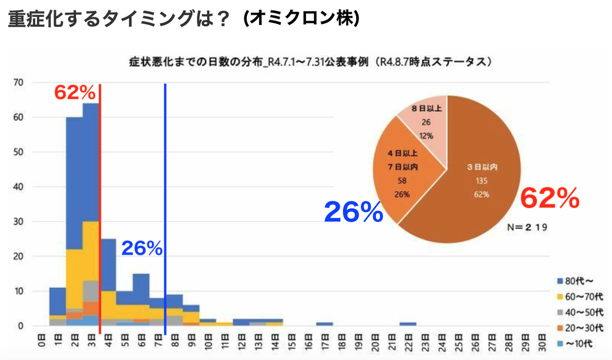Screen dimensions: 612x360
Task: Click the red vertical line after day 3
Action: point(100,209)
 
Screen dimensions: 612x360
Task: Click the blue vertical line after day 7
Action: point(165,209)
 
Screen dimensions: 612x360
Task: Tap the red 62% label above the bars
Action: point(75,92)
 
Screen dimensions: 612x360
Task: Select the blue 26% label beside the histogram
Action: point(142,248)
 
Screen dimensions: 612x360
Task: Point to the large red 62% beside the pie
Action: point(550,198)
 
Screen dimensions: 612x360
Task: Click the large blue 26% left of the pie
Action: point(353,212)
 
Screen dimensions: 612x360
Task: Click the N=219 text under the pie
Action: point(527,227)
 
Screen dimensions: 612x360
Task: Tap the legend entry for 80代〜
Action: point(575,281)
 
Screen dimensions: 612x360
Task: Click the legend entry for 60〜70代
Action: point(580,296)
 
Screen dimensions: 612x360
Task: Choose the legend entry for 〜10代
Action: point(575,344)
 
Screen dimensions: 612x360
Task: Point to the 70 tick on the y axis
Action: point(19,83)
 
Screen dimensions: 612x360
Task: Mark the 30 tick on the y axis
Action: point(19,221)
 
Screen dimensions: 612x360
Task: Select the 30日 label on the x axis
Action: point(542,343)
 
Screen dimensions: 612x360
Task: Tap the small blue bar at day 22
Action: point(408,324)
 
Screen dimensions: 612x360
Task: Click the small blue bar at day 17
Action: point(325,324)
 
